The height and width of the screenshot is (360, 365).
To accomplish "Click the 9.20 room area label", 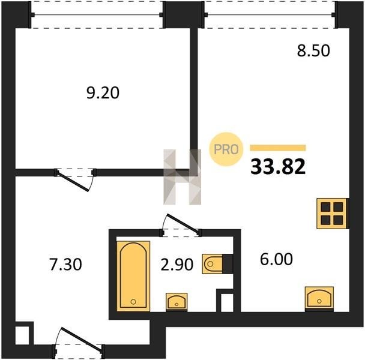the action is [x=103, y=92].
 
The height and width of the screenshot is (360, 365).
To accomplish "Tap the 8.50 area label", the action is [x=313, y=51].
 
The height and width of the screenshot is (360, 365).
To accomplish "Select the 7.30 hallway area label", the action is [x=65, y=265].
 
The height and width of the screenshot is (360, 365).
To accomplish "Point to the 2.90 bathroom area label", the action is [x=177, y=265].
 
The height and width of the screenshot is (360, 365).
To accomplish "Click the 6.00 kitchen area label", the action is [x=276, y=259].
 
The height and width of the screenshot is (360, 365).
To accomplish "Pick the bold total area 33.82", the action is [x=278, y=167].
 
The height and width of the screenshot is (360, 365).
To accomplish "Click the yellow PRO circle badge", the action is [x=226, y=149].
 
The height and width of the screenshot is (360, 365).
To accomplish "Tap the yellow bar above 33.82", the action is [x=278, y=148].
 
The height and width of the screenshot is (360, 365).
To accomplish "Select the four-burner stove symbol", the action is [x=332, y=214].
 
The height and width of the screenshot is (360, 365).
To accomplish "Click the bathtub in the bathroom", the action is [x=133, y=276].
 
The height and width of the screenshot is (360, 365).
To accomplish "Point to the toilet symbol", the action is [x=217, y=264].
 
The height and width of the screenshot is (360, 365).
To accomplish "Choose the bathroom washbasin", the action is [x=176, y=302].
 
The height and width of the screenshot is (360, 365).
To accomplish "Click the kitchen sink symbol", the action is [x=319, y=299].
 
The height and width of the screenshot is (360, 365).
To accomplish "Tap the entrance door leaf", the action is [x=82, y=339].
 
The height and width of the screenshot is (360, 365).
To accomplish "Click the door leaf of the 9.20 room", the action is [x=73, y=182].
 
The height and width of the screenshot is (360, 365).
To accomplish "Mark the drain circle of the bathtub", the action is [x=133, y=302].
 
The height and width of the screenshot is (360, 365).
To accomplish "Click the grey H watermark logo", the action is [x=182, y=177].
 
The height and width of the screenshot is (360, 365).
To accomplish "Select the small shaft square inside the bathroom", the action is [x=227, y=303].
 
